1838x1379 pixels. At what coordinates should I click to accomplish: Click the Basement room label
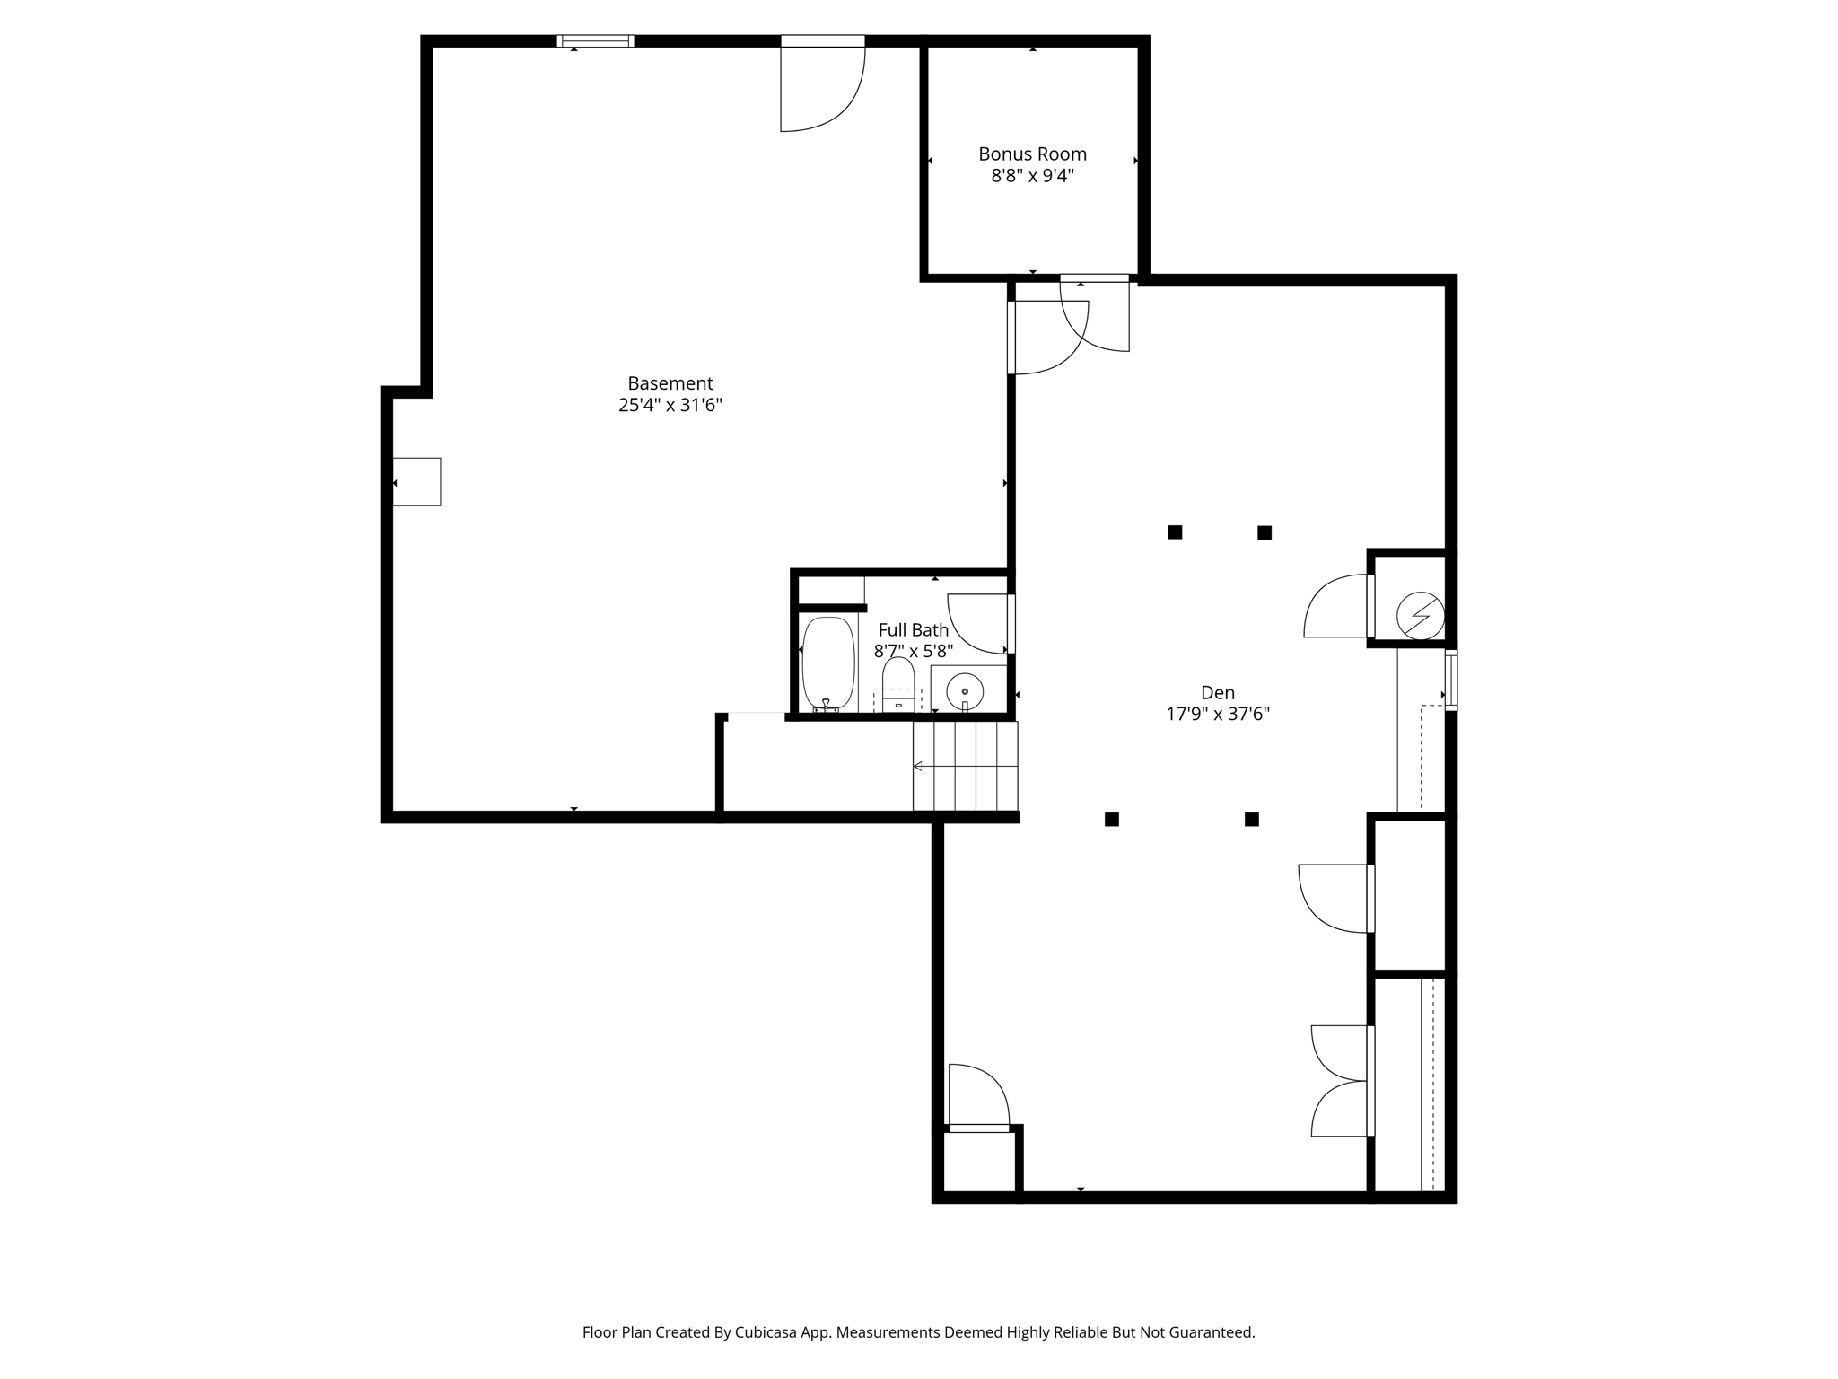point(670,383)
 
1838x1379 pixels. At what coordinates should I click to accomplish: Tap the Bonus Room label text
point(1032,154)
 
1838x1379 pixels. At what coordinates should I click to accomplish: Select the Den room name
point(1218,692)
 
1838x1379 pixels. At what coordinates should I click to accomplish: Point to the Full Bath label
point(913,629)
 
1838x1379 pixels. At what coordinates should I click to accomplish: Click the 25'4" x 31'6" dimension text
point(670,405)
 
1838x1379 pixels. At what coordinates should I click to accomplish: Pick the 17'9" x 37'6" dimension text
point(1218,714)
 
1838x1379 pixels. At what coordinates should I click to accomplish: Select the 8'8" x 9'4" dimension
point(1032,175)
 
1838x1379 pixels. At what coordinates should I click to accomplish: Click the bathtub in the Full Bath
point(827,663)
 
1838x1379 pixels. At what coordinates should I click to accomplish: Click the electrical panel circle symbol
point(1421,615)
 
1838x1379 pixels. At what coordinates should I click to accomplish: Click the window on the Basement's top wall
point(595,40)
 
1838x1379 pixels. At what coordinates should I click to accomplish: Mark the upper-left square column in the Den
point(1175,532)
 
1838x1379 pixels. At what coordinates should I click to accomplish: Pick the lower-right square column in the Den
point(1251,819)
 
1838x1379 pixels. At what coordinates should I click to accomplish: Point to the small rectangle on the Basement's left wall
point(416,481)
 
